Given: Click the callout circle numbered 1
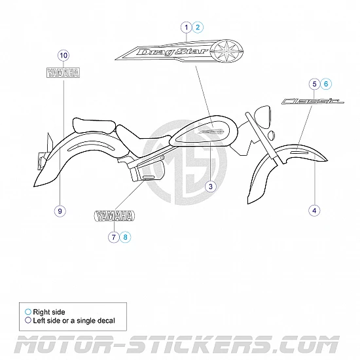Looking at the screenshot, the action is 186,27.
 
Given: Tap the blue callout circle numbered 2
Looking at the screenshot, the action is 198,27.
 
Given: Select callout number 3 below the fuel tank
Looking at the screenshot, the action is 211,187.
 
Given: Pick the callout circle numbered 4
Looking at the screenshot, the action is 314,210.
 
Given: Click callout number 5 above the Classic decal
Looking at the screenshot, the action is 315,84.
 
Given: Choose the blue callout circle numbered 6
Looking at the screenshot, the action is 326,84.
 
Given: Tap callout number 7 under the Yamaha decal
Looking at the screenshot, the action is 114,237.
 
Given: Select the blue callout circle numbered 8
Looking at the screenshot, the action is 125,237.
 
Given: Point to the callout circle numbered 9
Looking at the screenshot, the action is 60,211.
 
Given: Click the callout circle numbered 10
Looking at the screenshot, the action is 63,56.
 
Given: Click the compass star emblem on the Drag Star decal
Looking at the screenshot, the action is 226,51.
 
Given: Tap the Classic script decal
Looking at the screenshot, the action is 312,101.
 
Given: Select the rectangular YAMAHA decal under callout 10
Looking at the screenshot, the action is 63,73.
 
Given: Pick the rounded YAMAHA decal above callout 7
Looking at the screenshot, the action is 115,216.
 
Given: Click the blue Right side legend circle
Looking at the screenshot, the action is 28,312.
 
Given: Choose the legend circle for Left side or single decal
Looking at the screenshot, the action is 28,320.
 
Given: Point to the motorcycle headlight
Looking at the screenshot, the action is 262,117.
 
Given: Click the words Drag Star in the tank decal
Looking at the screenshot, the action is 173,52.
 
